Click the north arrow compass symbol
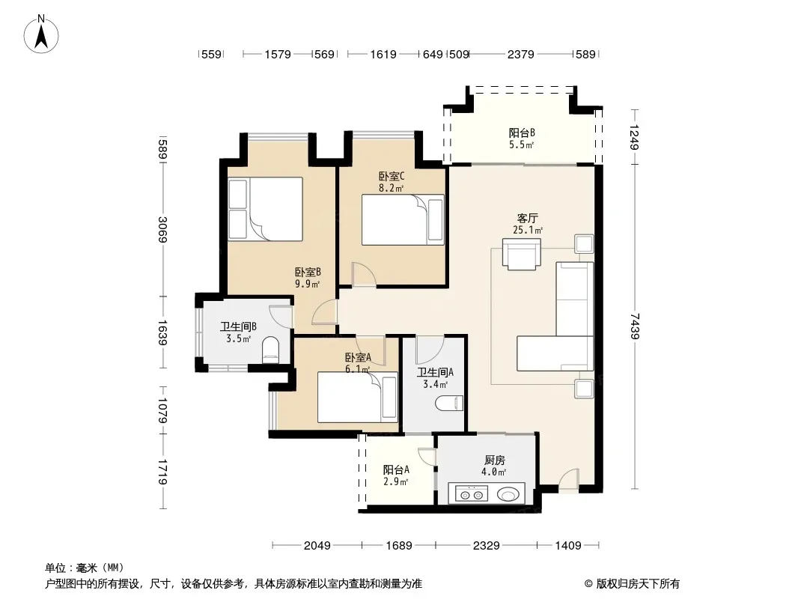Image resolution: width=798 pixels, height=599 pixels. click(x=41, y=34)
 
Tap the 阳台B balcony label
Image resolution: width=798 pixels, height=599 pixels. click(x=522, y=133)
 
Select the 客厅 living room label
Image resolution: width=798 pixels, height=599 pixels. click(x=527, y=219)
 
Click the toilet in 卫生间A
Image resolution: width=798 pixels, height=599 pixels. click(x=449, y=404)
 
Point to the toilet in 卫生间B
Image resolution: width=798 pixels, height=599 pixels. click(x=270, y=350)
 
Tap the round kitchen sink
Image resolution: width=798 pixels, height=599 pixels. click(x=508, y=494)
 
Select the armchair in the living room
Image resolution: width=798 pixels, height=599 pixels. click(x=521, y=254)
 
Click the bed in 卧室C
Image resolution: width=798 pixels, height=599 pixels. click(x=403, y=219)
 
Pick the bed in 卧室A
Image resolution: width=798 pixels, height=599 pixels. click(x=357, y=397)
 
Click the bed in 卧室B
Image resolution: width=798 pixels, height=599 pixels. click(x=265, y=209)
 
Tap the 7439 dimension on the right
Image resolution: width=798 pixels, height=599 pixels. click(x=635, y=326)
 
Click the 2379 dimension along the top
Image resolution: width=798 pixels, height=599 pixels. click(x=520, y=54)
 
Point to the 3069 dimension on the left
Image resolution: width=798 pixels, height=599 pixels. click(x=162, y=230)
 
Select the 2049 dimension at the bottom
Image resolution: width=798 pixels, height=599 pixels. click(x=317, y=546)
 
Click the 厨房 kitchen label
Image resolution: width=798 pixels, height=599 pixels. click(x=494, y=460)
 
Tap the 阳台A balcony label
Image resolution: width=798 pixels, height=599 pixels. click(x=396, y=469)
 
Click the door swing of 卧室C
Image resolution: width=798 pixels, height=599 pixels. click(x=363, y=274)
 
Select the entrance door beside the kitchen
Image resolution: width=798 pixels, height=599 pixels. click(x=568, y=481)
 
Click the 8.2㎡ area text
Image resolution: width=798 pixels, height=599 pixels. click(x=391, y=188)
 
